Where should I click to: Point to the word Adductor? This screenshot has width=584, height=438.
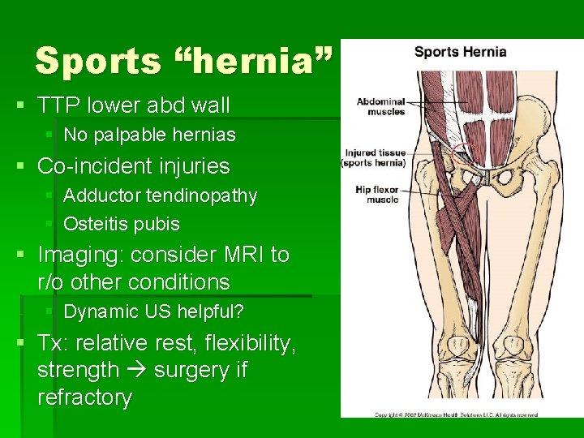101,195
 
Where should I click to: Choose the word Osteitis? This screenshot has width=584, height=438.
92,223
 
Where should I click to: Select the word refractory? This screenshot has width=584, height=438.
84,397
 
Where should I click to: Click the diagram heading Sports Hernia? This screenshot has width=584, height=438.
460,52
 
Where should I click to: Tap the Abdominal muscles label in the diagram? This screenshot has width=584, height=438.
380,106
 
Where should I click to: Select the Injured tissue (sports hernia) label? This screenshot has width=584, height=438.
376,157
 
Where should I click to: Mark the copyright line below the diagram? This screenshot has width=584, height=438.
456,414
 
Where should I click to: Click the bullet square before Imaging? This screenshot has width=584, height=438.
24,255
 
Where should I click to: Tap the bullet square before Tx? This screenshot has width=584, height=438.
24,344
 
